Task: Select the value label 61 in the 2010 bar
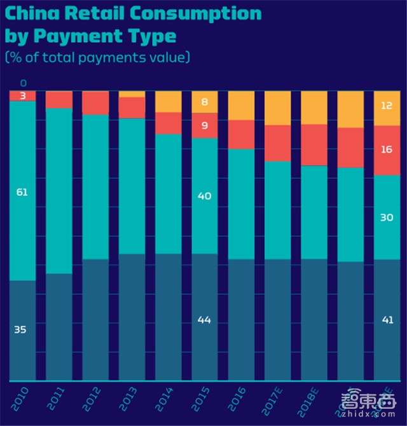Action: (22, 191)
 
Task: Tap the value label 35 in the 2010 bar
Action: (22, 329)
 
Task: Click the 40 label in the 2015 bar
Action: (204, 196)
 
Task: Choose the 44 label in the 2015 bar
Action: (204, 320)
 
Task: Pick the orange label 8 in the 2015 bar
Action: (204, 102)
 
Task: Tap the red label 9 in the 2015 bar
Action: (204, 125)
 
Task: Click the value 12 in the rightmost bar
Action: (387, 106)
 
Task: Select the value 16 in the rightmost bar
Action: (387, 149)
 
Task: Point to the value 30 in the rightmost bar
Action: (387, 217)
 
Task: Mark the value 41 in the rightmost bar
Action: (387, 320)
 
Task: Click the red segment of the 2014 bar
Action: (168, 123)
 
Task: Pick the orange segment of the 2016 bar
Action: (240, 106)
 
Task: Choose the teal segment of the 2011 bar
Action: (59, 191)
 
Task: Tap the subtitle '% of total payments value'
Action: (97, 57)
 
